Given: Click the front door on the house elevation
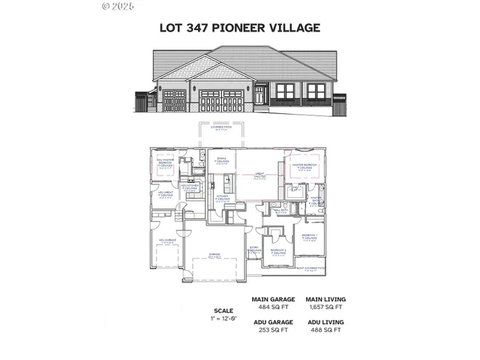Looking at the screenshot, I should pyautogui.click(x=259, y=96).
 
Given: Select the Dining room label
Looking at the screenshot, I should pyautogui.click(x=222, y=160).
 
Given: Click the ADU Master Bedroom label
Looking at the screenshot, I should pyautogui.click(x=166, y=162).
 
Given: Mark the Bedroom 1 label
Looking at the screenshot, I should pyautogui.click(x=310, y=237).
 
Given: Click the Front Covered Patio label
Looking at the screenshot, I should pyautogui.click(x=310, y=267).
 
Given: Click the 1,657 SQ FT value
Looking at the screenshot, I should pyautogui.click(x=325, y=306).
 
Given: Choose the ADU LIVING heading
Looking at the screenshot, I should pyautogui.click(x=325, y=322).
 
